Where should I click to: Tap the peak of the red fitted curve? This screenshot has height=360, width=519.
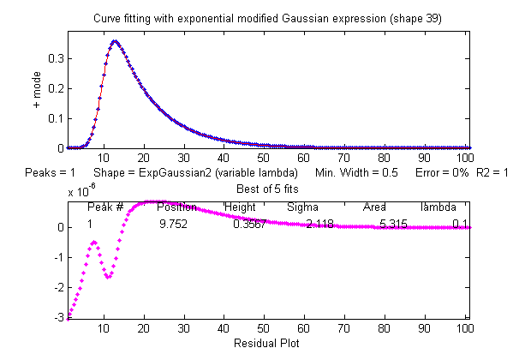coord(115,40)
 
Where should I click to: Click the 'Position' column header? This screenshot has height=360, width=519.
coord(177,207)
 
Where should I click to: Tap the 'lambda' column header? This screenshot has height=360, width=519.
coord(438,207)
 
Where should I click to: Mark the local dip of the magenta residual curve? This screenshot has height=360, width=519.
coord(108,277)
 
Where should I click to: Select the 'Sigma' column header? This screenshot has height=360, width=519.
coord(302,207)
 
